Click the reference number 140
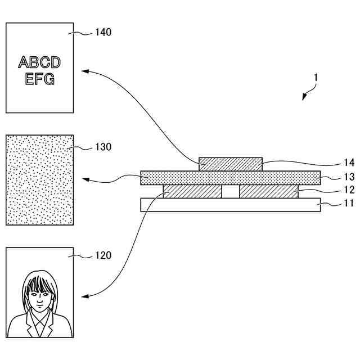click(103, 32)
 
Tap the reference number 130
click(103, 147)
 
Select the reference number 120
click(103, 255)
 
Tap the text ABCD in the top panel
click(39, 62)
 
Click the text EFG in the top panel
click(39, 78)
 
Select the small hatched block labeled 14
click(231, 164)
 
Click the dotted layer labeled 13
click(231, 178)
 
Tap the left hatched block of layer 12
click(192, 191)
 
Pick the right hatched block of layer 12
click(268, 191)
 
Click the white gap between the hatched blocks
click(230, 191)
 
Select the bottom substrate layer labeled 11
click(231, 204)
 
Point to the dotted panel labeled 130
click(39, 179)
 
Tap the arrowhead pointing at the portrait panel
click(84, 295)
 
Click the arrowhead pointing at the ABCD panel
click(84, 71)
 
